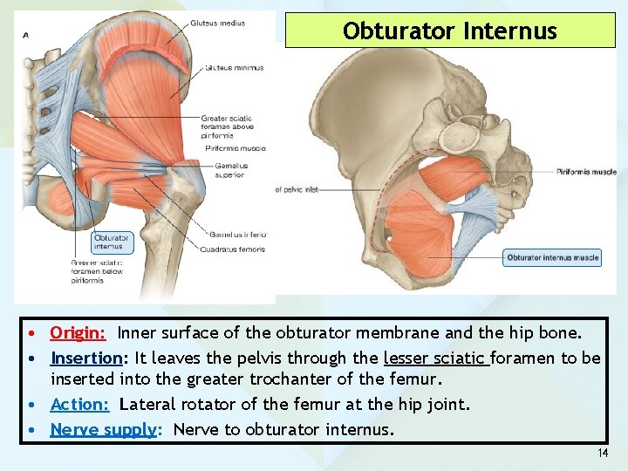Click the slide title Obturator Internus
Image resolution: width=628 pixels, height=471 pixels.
(449, 31)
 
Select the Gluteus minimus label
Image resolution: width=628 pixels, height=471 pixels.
(233, 67)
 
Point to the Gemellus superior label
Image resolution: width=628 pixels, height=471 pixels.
(230, 170)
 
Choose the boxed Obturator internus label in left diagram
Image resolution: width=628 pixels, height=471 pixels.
(111, 242)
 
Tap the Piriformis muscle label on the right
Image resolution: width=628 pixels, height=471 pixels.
(586, 172)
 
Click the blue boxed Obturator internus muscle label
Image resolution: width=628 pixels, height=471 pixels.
(552, 257)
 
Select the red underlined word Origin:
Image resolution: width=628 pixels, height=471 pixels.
(78, 332)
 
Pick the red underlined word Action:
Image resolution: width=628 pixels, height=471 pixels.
(79, 404)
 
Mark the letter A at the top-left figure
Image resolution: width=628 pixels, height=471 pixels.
(25, 35)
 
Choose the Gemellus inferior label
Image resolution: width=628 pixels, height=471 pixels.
(238, 234)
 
